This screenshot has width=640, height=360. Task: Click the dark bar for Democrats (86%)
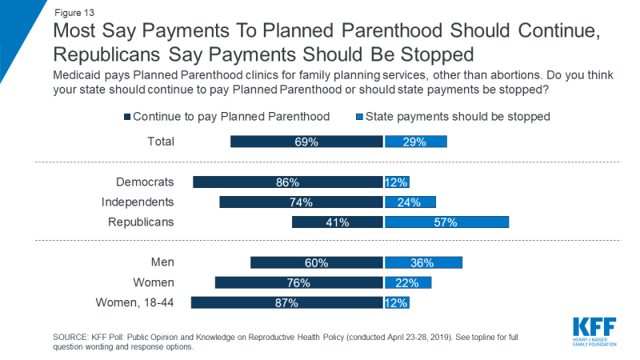pos(288,182)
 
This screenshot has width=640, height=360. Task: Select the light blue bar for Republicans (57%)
pos(446,222)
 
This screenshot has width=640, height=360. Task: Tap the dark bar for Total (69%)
pos(306,142)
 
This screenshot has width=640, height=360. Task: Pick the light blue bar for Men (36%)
pos(423,262)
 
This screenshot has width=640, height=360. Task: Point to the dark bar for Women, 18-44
pos(286,303)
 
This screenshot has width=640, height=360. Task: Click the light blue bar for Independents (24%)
pos(410,202)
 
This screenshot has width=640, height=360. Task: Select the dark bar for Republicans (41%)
pos(338,222)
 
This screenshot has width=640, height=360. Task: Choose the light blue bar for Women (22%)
pos(408,282)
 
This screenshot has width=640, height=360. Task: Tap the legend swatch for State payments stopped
pos(359,117)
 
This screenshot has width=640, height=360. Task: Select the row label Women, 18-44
pos(134,302)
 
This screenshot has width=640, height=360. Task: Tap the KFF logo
pos(596,327)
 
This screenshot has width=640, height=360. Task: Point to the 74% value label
pos(302,202)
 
